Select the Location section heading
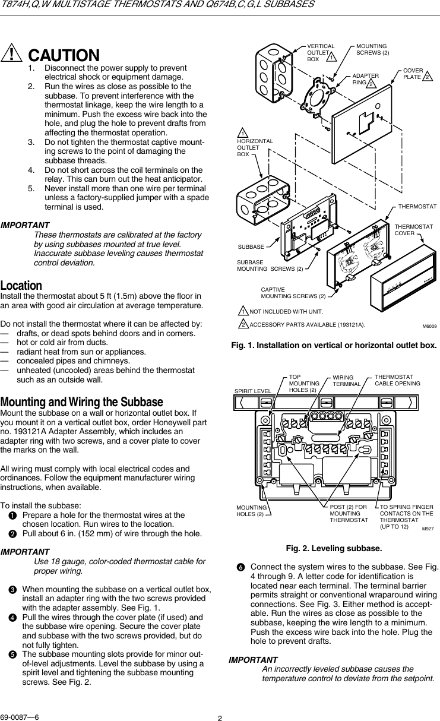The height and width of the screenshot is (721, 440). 21,286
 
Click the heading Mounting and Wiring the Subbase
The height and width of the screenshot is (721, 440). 82,401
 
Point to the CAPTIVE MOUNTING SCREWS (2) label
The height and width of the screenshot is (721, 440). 293,292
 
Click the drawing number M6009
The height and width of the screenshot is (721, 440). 429,325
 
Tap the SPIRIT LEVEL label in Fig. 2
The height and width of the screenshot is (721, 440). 252,391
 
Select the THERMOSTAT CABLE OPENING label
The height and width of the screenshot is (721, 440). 397,380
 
